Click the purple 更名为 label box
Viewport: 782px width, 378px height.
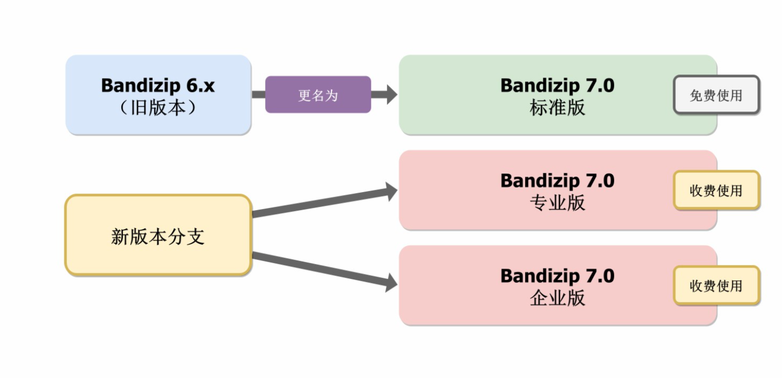[x=318, y=95]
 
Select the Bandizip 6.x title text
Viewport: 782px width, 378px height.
[x=158, y=85]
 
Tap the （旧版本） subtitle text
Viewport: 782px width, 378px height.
[x=158, y=108]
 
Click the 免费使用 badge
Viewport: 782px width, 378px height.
[x=716, y=95]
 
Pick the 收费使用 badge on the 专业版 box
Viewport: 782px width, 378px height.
[x=716, y=190]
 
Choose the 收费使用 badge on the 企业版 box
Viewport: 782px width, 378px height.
[x=716, y=286]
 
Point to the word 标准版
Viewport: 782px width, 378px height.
[x=557, y=108]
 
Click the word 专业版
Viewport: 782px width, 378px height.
[x=557, y=203]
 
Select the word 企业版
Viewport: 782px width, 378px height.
[x=557, y=298]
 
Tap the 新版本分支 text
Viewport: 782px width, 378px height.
[x=158, y=236]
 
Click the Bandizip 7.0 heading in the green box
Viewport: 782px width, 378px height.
[x=557, y=85]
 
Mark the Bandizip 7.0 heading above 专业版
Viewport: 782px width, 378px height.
[x=557, y=181]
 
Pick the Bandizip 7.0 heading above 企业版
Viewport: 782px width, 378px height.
[x=557, y=276]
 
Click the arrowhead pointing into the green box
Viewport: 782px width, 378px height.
[x=391, y=94]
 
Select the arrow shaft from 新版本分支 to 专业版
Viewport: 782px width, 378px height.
[x=319, y=203]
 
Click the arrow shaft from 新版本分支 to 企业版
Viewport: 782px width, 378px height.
[x=319, y=268]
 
